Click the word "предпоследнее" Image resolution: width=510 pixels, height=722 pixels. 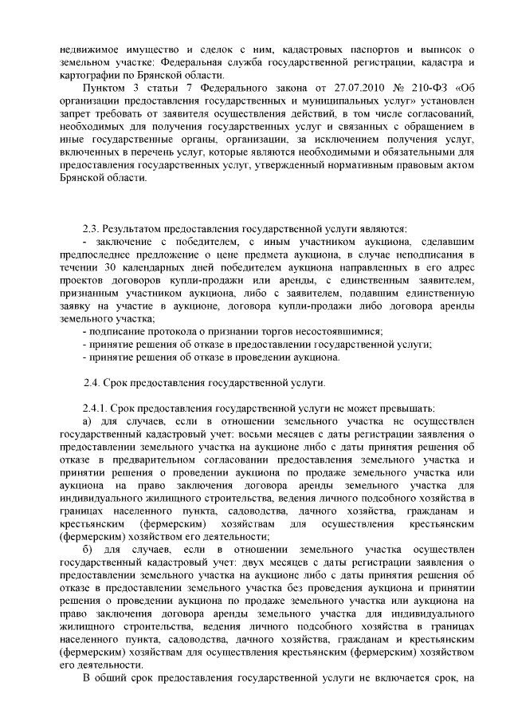click(95, 254)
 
